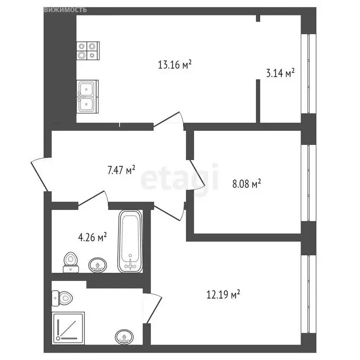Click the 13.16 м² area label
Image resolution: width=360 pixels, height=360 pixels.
tap(175, 65)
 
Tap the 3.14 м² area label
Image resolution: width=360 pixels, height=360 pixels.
tap(280, 73)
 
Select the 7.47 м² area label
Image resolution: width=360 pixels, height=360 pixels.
tap(121, 170)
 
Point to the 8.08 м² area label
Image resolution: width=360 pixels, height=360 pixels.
tap(247, 184)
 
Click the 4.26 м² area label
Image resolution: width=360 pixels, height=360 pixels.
tap(92, 237)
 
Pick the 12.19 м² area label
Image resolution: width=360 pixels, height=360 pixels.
tap(224, 294)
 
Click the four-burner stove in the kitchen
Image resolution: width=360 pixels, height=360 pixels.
tap(88, 51)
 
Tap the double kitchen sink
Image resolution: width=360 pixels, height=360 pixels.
tap(88, 97)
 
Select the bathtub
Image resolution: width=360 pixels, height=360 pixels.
tap(130, 241)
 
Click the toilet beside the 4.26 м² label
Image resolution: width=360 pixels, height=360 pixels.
tap(71, 262)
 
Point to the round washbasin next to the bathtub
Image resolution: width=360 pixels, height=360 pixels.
tap(97, 265)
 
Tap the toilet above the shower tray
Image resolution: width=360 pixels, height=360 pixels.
tap(62, 298)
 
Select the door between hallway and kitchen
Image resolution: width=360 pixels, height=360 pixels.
tap(169, 119)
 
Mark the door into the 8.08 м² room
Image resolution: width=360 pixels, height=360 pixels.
tap(197, 175)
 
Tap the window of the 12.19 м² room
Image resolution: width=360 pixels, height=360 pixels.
tap(308, 294)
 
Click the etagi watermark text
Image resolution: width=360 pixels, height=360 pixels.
tap(179, 178)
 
